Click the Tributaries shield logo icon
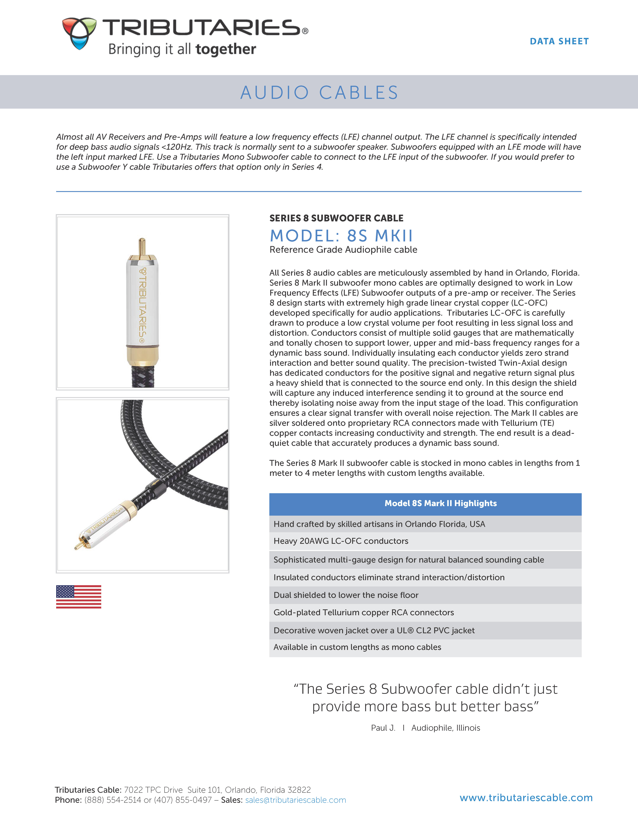[79, 33]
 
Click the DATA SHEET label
[559, 41]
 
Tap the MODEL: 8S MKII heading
[341, 236]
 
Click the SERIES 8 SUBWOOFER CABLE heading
[336, 218]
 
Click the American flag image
[79, 596]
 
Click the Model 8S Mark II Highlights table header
[425, 503]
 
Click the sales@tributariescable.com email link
[296, 800]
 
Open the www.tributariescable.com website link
[526, 798]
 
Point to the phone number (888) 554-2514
[113, 800]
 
